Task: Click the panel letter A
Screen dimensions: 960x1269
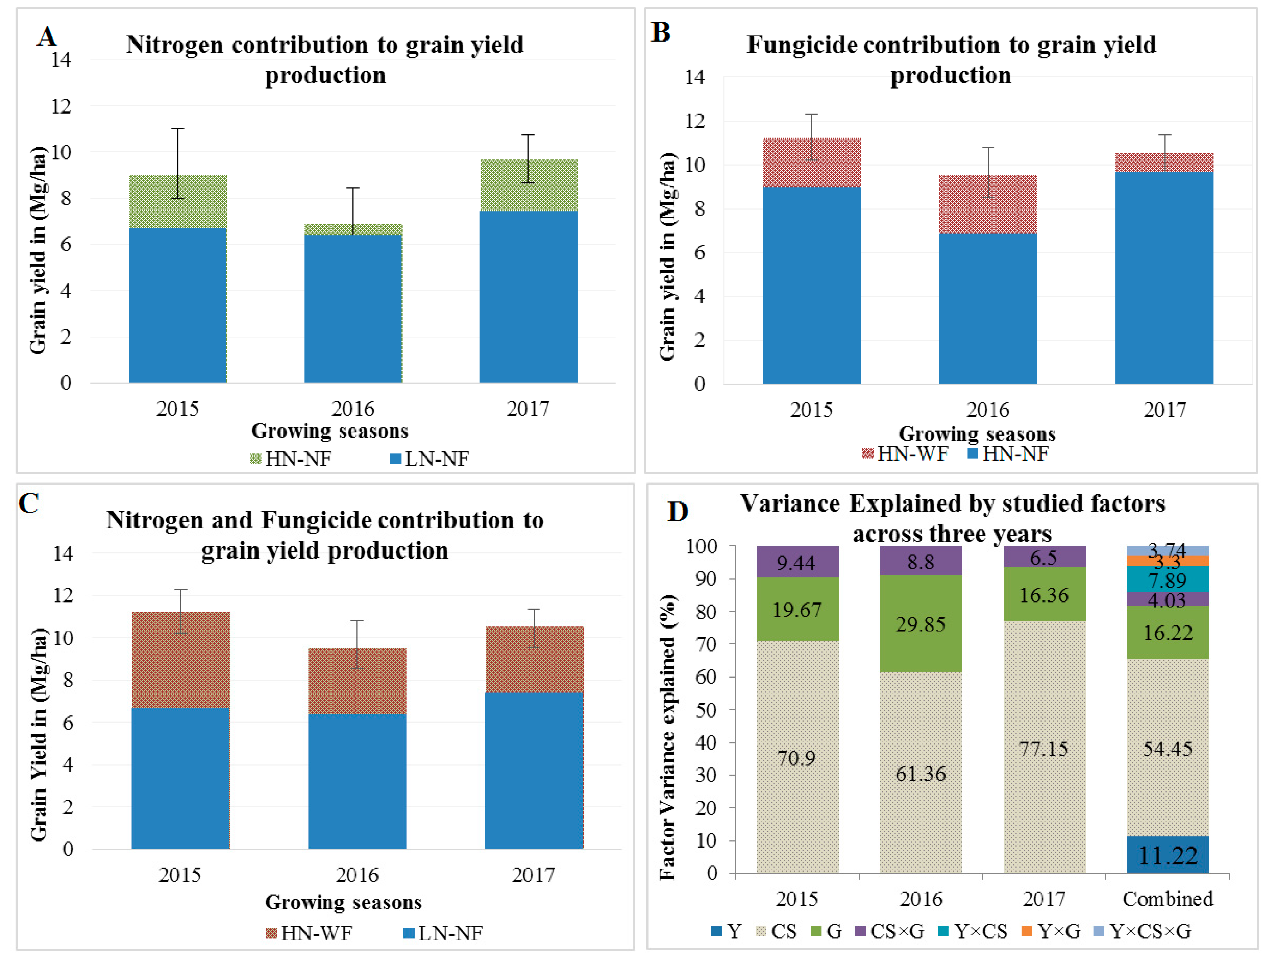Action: pyautogui.click(x=47, y=37)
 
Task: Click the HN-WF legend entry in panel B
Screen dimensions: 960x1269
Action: pyautogui.click(x=905, y=454)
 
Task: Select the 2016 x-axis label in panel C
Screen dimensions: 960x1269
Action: pyautogui.click(x=357, y=875)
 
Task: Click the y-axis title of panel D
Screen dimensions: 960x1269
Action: pyautogui.click(x=667, y=737)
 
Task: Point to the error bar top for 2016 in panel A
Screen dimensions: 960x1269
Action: pyautogui.click(x=353, y=188)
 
